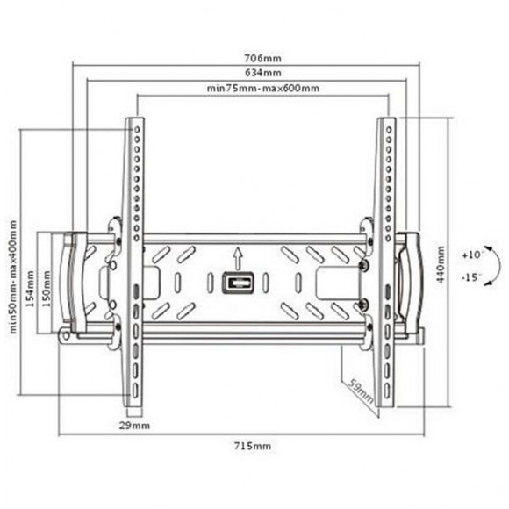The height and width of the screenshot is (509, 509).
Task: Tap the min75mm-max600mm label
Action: pyautogui.click(x=262, y=89)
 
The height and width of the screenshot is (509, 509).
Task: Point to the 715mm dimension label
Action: pyautogui.click(x=257, y=445)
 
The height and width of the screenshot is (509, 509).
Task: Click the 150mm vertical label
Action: pyautogui.click(x=46, y=283)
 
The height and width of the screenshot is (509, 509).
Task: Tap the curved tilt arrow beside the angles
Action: pyautogui.click(x=493, y=266)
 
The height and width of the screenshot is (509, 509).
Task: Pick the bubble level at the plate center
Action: pyautogui.click(x=237, y=284)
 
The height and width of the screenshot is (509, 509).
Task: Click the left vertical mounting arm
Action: pyautogui.click(x=134, y=263)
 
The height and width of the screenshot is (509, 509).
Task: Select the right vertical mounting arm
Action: pyautogui.click(x=387, y=263)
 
